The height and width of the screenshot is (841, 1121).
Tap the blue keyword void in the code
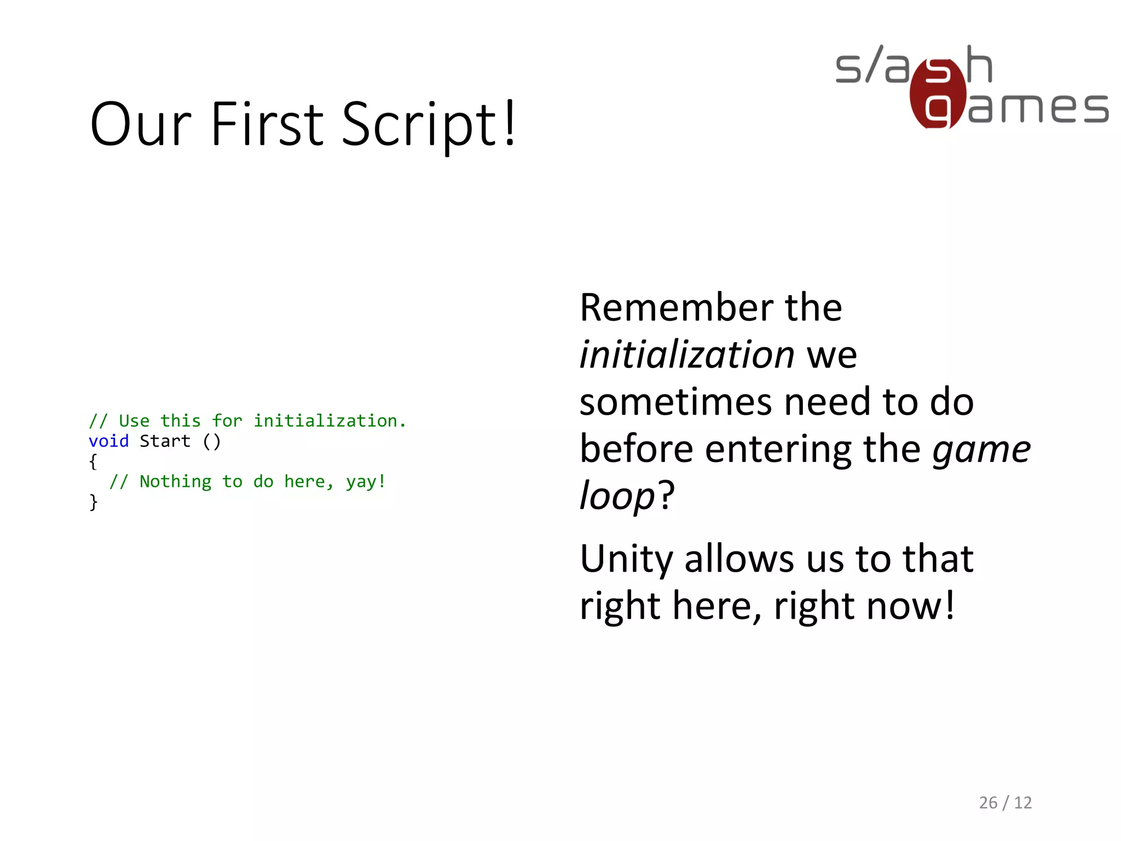coord(108,441)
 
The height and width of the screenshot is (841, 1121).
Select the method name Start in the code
coord(165,441)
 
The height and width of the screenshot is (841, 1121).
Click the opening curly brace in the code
coord(93,462)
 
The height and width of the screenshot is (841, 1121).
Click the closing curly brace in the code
coord(93,502)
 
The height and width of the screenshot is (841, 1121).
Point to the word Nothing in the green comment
coord(175,482)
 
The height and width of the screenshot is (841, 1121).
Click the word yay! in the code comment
coord(366,482)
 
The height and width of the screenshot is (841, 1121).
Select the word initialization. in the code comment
coord(330,421)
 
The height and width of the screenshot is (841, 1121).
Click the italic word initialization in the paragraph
coord(687,355)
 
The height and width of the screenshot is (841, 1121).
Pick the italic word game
coord(981,450)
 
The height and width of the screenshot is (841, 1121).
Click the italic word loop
coord(617,496)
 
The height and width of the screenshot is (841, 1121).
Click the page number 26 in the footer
coord(988,803)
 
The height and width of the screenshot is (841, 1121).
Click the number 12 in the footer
coord(1022,803)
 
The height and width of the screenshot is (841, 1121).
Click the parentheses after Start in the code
coord(211,441)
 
